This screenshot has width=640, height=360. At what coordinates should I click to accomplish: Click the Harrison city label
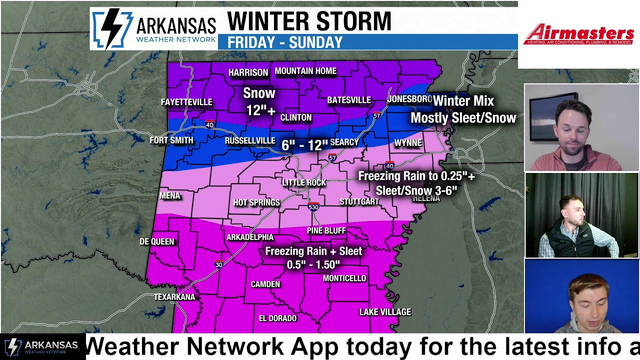tap(248, 73)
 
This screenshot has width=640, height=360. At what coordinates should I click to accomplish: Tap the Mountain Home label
tap(305, 71)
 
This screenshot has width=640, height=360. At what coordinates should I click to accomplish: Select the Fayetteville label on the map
tap(186, 102)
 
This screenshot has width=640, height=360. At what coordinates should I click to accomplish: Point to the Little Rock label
tap(304, 183)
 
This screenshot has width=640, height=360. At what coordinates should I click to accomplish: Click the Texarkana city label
tap(174, 297)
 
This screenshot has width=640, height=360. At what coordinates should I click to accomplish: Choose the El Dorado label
tap(277, 318)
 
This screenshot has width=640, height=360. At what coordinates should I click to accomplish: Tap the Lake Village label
tap(385, 312)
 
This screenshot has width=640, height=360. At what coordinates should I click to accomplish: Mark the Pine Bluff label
tap(326, 230)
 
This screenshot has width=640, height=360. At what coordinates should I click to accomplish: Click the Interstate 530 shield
tap(313, 206)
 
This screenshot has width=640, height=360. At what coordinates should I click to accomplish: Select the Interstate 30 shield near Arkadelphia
tap(218, 264)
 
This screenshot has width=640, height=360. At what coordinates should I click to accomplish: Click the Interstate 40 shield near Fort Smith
tap(209, 124)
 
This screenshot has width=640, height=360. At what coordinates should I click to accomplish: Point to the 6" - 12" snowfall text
tap(304, 145)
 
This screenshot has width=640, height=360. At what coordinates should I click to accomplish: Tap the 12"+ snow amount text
tap(260, 110)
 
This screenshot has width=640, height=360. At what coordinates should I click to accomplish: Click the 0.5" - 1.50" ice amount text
tap(313, 264)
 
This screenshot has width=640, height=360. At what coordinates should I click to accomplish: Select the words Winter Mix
tap(463, 101)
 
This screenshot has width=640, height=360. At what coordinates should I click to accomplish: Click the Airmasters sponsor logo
tap(578, 34)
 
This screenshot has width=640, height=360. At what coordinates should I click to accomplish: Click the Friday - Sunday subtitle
tap(285, 42)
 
